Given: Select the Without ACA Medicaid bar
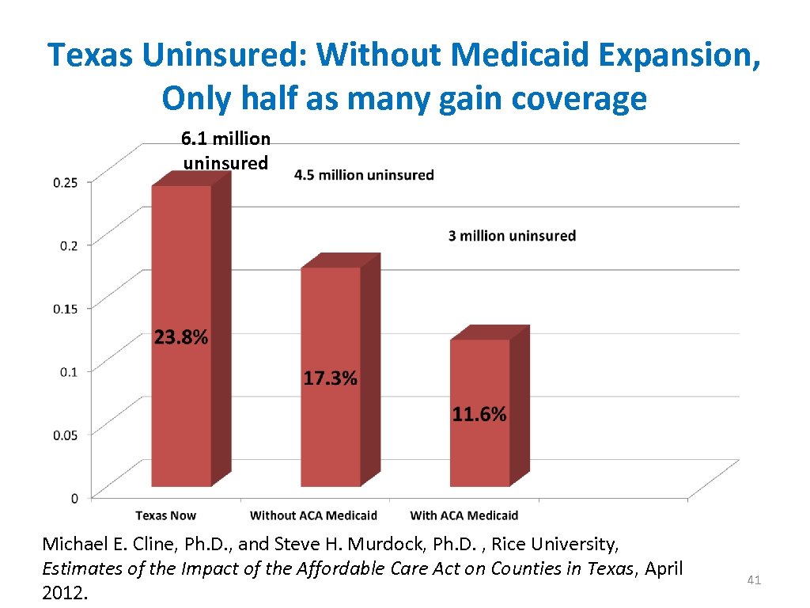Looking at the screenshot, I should point(331,427).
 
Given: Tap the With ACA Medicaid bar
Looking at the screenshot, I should point(479,451).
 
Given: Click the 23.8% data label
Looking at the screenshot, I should point(181,338).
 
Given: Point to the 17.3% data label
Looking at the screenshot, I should point(331,379).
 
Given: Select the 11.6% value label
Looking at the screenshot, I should point(479,414).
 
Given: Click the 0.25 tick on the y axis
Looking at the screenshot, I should point(66,182).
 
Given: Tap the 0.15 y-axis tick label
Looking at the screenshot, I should point(66,308).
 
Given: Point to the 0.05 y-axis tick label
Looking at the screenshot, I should point(66,434).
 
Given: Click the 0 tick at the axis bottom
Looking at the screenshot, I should point(74,498).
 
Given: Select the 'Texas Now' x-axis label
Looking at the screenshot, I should point(165,515).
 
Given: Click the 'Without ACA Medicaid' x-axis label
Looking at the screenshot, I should point(313,515).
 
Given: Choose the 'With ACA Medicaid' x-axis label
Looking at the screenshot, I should point(464,515).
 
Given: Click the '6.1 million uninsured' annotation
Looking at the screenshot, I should point(225,150).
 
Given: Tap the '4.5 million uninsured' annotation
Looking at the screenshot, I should point(364,175).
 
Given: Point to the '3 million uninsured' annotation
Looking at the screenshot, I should point(512,236).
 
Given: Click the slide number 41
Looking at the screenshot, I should point(754,580).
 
